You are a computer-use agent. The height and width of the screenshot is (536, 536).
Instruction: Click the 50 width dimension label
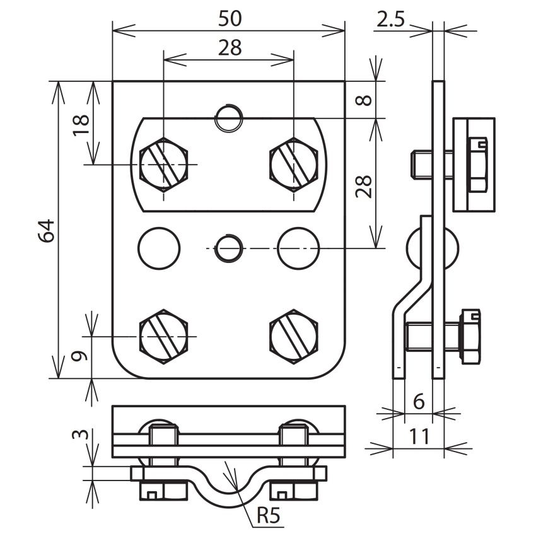(230, 18)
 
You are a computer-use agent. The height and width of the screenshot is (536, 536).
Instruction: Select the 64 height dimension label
(46, 231)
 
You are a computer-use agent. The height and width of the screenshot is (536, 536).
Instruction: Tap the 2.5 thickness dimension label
(390, 19)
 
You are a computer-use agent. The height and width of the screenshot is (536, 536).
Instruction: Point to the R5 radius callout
(269, 515)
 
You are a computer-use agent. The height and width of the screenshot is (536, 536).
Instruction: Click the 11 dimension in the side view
(419, 436)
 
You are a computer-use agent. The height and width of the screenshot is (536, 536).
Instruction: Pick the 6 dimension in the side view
(419, 401)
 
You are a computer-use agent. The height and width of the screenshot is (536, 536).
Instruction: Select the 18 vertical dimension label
(81, 125)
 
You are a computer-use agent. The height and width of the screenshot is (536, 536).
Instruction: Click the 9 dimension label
(79, 356)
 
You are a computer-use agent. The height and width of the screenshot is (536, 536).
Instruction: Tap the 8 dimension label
(363, 100)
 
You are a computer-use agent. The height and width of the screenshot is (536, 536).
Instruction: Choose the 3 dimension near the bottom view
(80, 435)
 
